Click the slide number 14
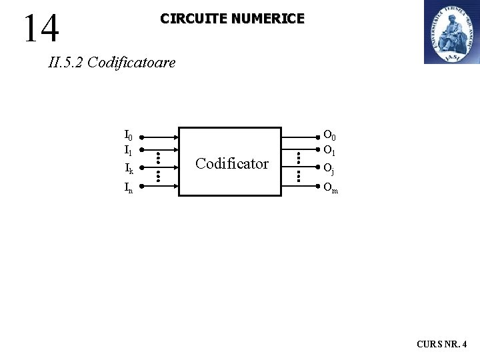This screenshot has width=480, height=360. coord(41,28)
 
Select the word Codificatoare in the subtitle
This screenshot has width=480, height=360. coord(131,63)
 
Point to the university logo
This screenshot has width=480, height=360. coord(451,32)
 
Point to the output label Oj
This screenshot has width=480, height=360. coord(329,169)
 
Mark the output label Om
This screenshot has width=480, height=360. coord(331,188)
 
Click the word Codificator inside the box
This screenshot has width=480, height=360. coord(232,163)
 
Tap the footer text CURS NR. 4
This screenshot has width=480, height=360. coord(442,345)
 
